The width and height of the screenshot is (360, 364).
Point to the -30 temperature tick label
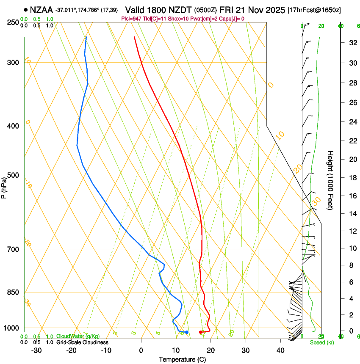[36, 350]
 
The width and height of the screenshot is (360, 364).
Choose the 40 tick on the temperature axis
[280, 350]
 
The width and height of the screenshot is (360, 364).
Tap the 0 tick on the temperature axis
[141, 350]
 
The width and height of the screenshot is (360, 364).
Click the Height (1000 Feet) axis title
[330, 180]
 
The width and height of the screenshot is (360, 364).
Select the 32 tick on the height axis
[352, 43]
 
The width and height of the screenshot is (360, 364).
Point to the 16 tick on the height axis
[352, 196]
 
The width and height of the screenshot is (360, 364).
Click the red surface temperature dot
[201, 332]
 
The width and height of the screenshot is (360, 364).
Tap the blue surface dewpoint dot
[186, 332]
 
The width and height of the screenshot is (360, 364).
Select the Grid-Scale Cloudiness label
[83, 342]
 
